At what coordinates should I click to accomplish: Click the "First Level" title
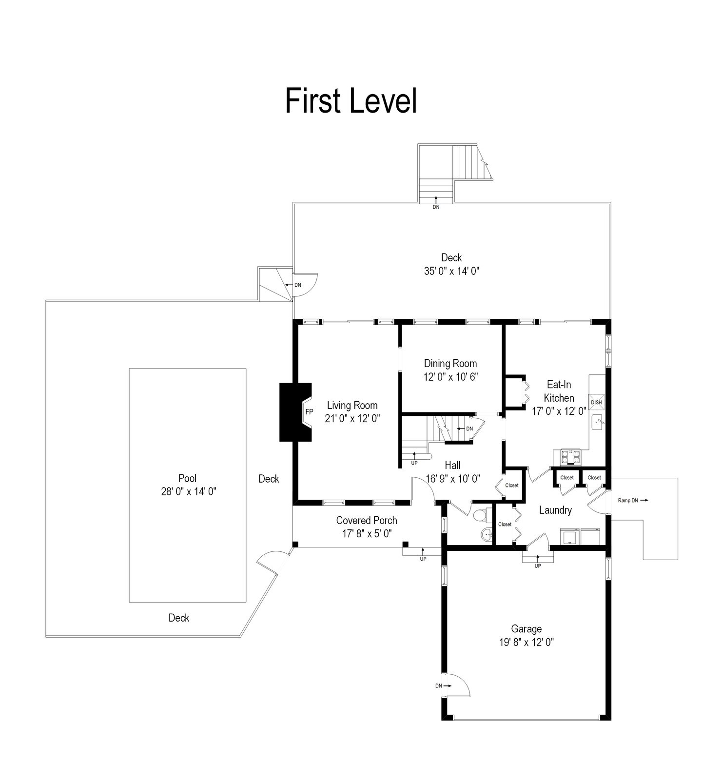click(351, 101)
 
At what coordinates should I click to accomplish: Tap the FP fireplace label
click(309, 411)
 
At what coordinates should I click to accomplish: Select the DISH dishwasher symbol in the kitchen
click(596, 402)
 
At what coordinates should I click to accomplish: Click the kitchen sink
click(598, 422)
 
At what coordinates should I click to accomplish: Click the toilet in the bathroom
click(480, 514)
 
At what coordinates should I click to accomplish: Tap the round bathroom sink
click(486, 535)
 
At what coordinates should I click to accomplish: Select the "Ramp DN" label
click(627, 500)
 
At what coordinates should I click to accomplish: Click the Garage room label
click(526, 629)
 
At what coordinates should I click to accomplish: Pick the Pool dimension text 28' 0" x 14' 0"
click(188, 491)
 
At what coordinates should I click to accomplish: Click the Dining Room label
click(450, 363)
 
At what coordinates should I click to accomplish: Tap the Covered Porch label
click(367, 521)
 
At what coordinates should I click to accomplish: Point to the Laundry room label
click(555, 510)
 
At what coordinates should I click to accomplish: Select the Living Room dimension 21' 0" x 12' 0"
click(352, 418)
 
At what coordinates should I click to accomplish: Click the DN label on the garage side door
click(439, 685)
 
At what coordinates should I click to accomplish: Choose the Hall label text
click(452, 465)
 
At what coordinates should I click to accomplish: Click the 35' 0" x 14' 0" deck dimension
click(451, 271)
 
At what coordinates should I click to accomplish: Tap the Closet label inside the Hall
click(512, 486)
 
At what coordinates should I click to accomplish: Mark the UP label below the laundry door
click(538, 566)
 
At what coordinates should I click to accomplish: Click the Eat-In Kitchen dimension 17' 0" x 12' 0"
click(559, 411)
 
